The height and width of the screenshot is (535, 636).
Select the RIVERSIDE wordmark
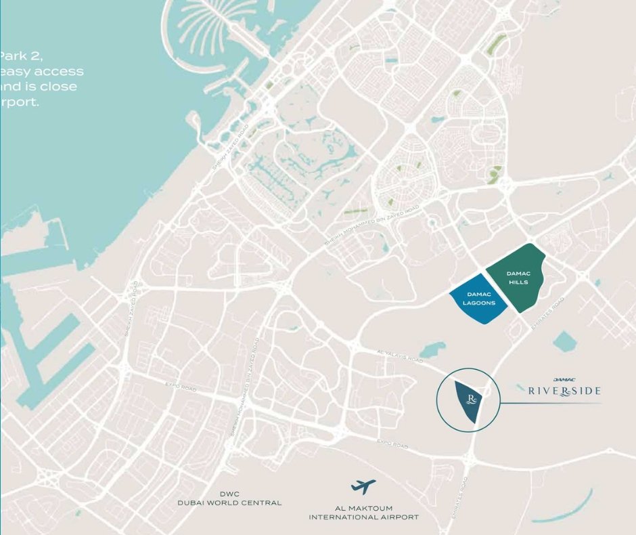pos(564,391)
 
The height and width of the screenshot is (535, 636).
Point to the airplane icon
pos(363,486)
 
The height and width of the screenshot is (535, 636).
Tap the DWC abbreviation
pos(229,494)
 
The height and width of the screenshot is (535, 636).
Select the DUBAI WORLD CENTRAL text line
pos(229,503)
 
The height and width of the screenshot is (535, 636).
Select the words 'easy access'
pos(43,71)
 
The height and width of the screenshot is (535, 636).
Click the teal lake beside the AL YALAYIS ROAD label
pos(431,350)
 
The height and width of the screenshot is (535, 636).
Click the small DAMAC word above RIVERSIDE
pos(564,380)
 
